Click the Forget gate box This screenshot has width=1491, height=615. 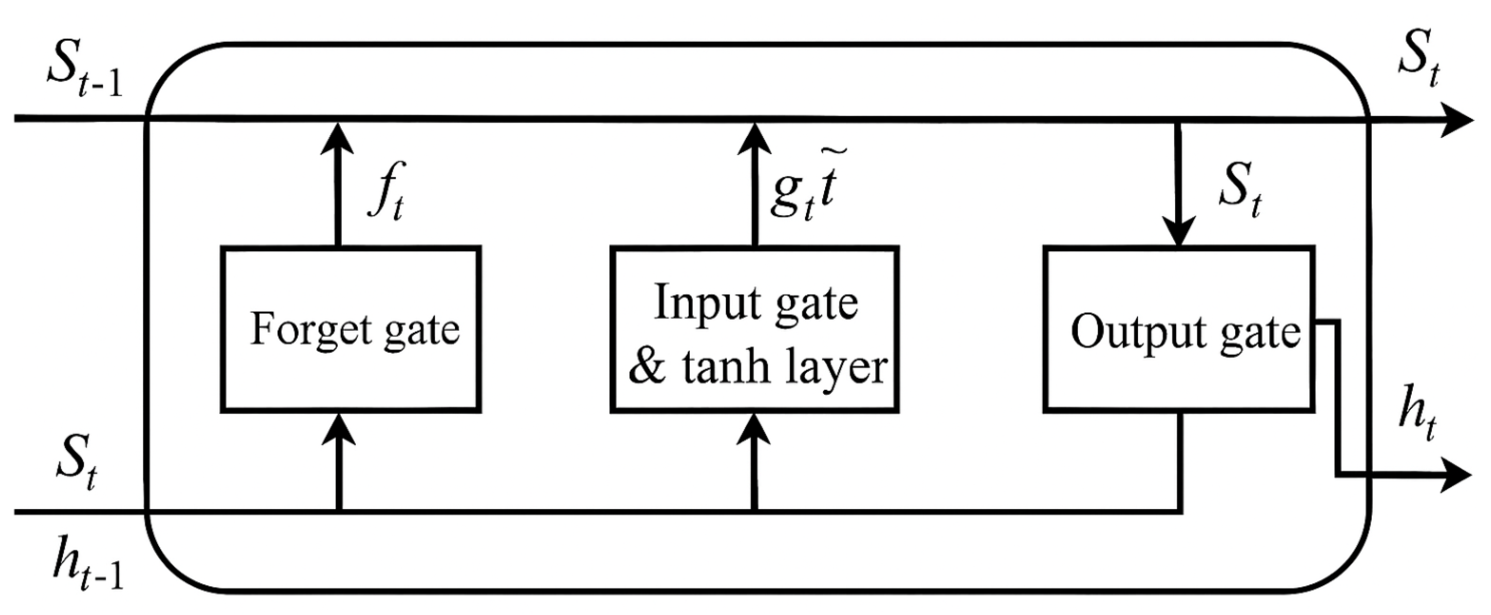(x=351, y=329)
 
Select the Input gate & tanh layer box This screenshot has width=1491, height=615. (x=754, y=329)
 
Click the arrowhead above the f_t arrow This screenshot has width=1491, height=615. (x=338, y=139)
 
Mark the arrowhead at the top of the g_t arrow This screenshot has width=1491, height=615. (x=754, y=139)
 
